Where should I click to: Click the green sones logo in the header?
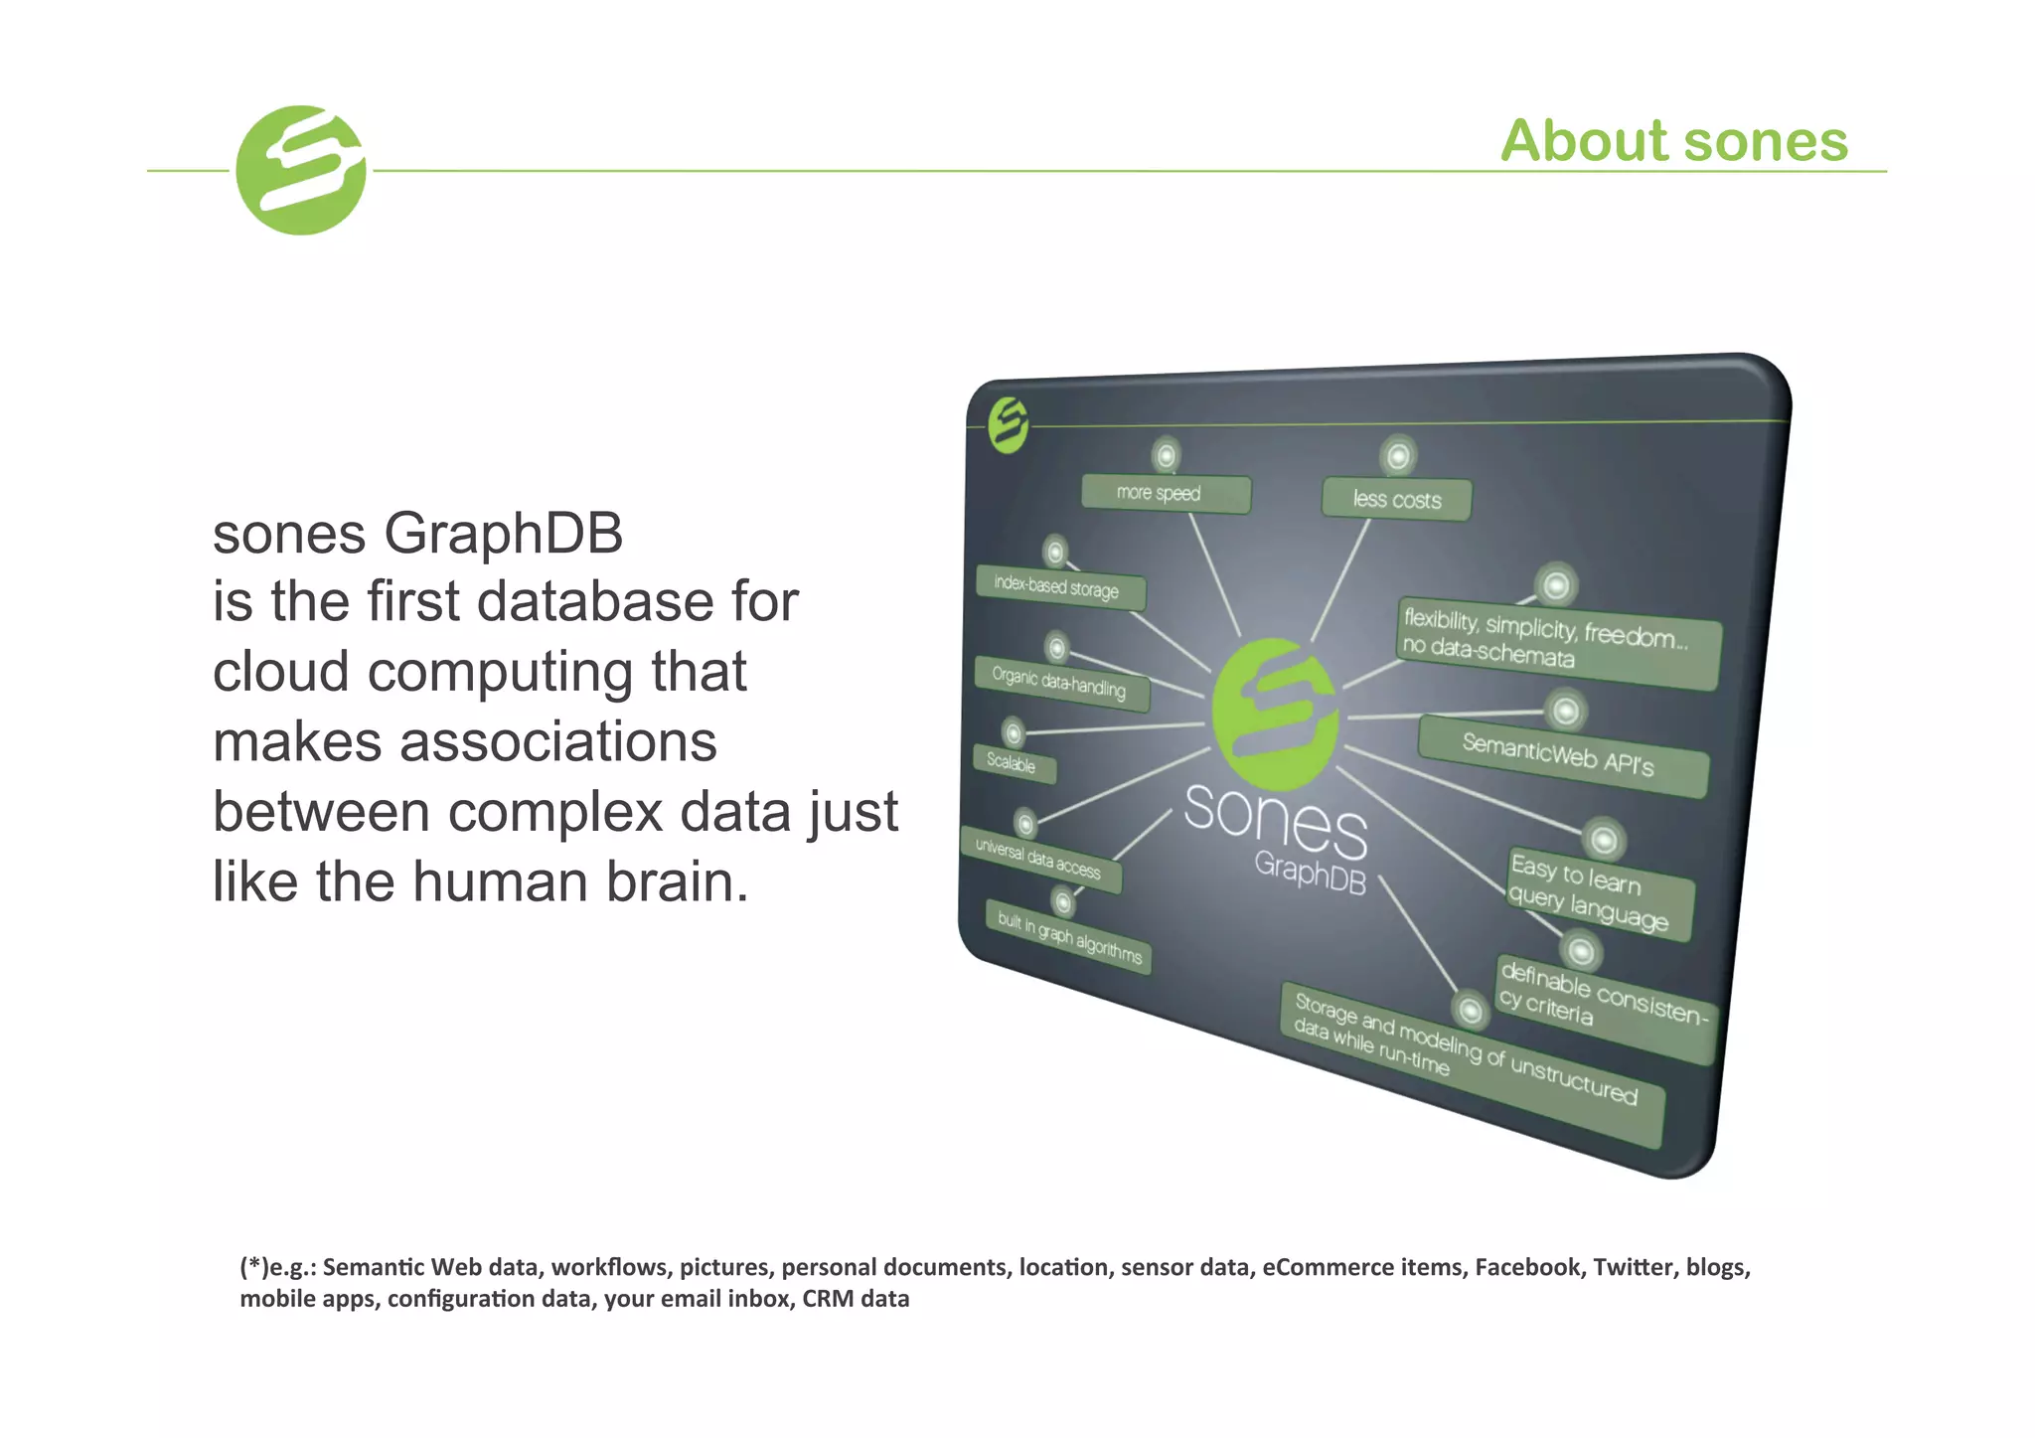(301, 170)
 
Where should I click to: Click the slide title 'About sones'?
(1673, 140)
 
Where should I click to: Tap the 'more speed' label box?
(1165, 493)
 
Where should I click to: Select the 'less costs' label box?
(1396, 499)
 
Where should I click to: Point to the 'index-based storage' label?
(1059, 587)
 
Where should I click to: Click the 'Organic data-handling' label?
(1060, 684)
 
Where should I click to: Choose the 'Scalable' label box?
(1013, 763)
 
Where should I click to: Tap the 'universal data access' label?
(1039, 860)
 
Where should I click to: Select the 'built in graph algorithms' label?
(1069, 937)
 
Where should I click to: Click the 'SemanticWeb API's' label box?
(1561, 755)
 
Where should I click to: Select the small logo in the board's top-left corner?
(1008, 425)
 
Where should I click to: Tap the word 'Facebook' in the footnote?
(1527, 1267)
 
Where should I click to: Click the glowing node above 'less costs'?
(1397, 456)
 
